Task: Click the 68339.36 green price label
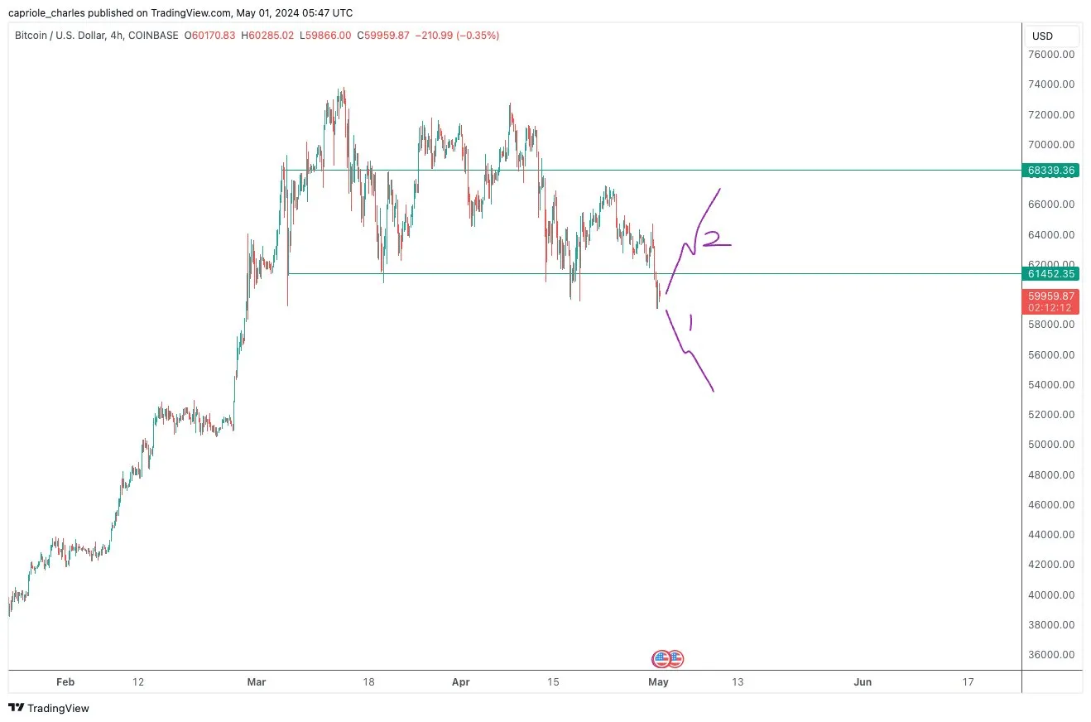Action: point(1051,170)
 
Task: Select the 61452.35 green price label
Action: point(1051,273)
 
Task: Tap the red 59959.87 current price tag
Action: point(1051,296)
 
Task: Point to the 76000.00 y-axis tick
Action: point(1051,55)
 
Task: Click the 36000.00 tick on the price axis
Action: point(1051,654)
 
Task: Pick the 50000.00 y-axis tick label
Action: point(1051,445)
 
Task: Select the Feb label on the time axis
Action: point(65,682)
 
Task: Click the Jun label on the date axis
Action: point(863,682)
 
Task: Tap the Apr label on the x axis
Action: point(461,682)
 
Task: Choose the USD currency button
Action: point(1042,36)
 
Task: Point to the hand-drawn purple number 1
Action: point(690,322)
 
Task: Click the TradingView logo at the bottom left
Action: point(49,708)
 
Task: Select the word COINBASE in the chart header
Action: point(155,36)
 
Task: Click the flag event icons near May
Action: point(668,659)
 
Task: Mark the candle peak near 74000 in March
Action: point(343,89)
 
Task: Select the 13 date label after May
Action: point(738,682)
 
